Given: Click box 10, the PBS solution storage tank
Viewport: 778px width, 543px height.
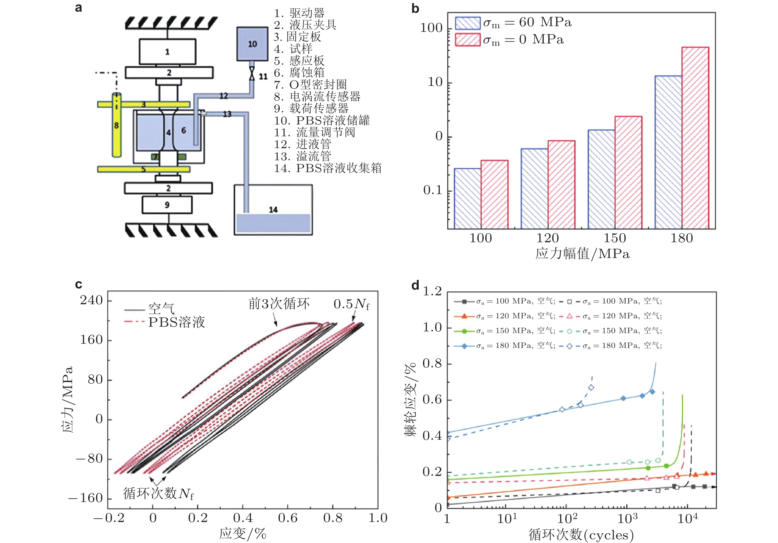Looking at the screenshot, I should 252,44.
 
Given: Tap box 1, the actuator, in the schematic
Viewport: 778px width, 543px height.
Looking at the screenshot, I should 167,52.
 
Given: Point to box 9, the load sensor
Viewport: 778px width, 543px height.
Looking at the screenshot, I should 167,205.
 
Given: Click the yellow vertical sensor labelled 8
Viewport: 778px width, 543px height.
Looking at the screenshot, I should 117,125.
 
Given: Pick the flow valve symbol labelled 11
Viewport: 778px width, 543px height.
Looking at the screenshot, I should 252,74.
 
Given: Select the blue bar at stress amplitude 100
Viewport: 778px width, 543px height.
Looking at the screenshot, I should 467,198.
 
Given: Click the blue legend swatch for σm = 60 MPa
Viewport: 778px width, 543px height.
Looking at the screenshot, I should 468,23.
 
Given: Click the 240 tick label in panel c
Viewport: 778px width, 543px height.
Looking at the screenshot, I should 91,300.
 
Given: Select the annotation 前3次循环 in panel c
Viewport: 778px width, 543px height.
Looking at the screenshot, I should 279,303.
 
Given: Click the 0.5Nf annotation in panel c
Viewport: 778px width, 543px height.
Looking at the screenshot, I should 351,304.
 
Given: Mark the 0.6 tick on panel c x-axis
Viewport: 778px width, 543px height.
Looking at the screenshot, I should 288,518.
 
